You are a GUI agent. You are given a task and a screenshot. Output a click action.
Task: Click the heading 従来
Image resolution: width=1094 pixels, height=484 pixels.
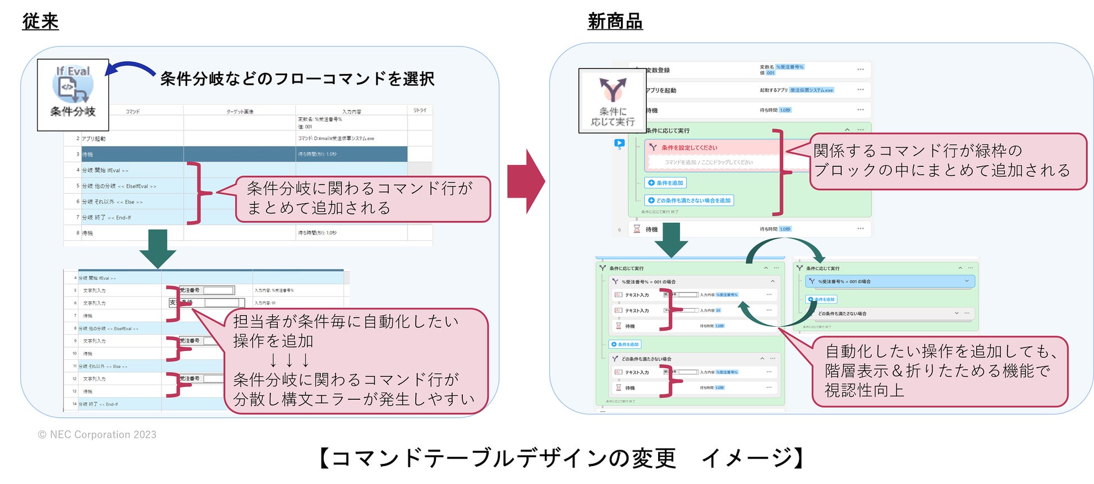(40, 21)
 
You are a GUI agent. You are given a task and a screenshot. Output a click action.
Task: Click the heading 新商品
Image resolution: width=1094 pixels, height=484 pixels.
(615, 21)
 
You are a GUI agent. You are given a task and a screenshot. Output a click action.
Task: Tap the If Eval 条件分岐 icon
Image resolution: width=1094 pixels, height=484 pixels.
(73, 94)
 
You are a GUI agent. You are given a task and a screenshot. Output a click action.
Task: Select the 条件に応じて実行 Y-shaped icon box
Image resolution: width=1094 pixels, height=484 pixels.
(612, 101)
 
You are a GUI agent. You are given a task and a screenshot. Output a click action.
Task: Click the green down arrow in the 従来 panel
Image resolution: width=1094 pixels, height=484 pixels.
(158, 248)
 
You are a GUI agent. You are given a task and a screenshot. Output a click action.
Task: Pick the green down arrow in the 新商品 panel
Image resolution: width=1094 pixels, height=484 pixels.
(671, 239)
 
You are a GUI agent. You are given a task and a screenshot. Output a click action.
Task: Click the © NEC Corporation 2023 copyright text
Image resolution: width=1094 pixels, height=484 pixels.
(97, 435)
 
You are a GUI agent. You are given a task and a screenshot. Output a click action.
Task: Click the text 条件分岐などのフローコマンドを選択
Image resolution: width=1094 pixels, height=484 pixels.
(297, 79)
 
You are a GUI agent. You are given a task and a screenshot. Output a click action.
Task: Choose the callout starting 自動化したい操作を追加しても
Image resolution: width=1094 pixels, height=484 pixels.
(940, 371)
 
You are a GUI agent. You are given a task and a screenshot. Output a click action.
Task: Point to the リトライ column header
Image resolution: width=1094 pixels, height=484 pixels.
(420, 111)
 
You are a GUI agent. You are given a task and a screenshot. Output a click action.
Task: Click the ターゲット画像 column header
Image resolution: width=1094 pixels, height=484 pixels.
(240, 111)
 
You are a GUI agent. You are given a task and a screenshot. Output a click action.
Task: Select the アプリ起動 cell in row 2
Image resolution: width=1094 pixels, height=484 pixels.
(94, 139)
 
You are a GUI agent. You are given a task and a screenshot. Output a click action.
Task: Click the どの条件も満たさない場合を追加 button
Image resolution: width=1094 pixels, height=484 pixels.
(690, 200)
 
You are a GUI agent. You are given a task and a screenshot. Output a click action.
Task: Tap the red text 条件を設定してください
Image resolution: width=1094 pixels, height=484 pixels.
(689, 148)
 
